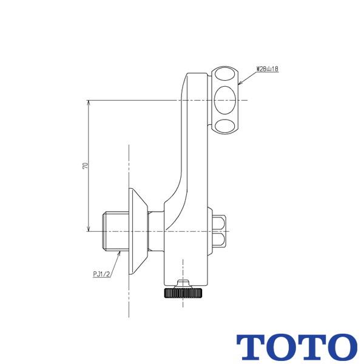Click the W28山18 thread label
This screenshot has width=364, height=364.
[267, 69]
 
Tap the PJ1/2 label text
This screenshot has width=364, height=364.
[102, 274]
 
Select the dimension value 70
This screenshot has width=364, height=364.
[86, 166]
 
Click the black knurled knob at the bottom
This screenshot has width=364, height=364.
[181, 293]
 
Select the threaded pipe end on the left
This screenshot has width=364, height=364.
[113, 231]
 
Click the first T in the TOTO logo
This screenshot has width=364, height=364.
[251, 346]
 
